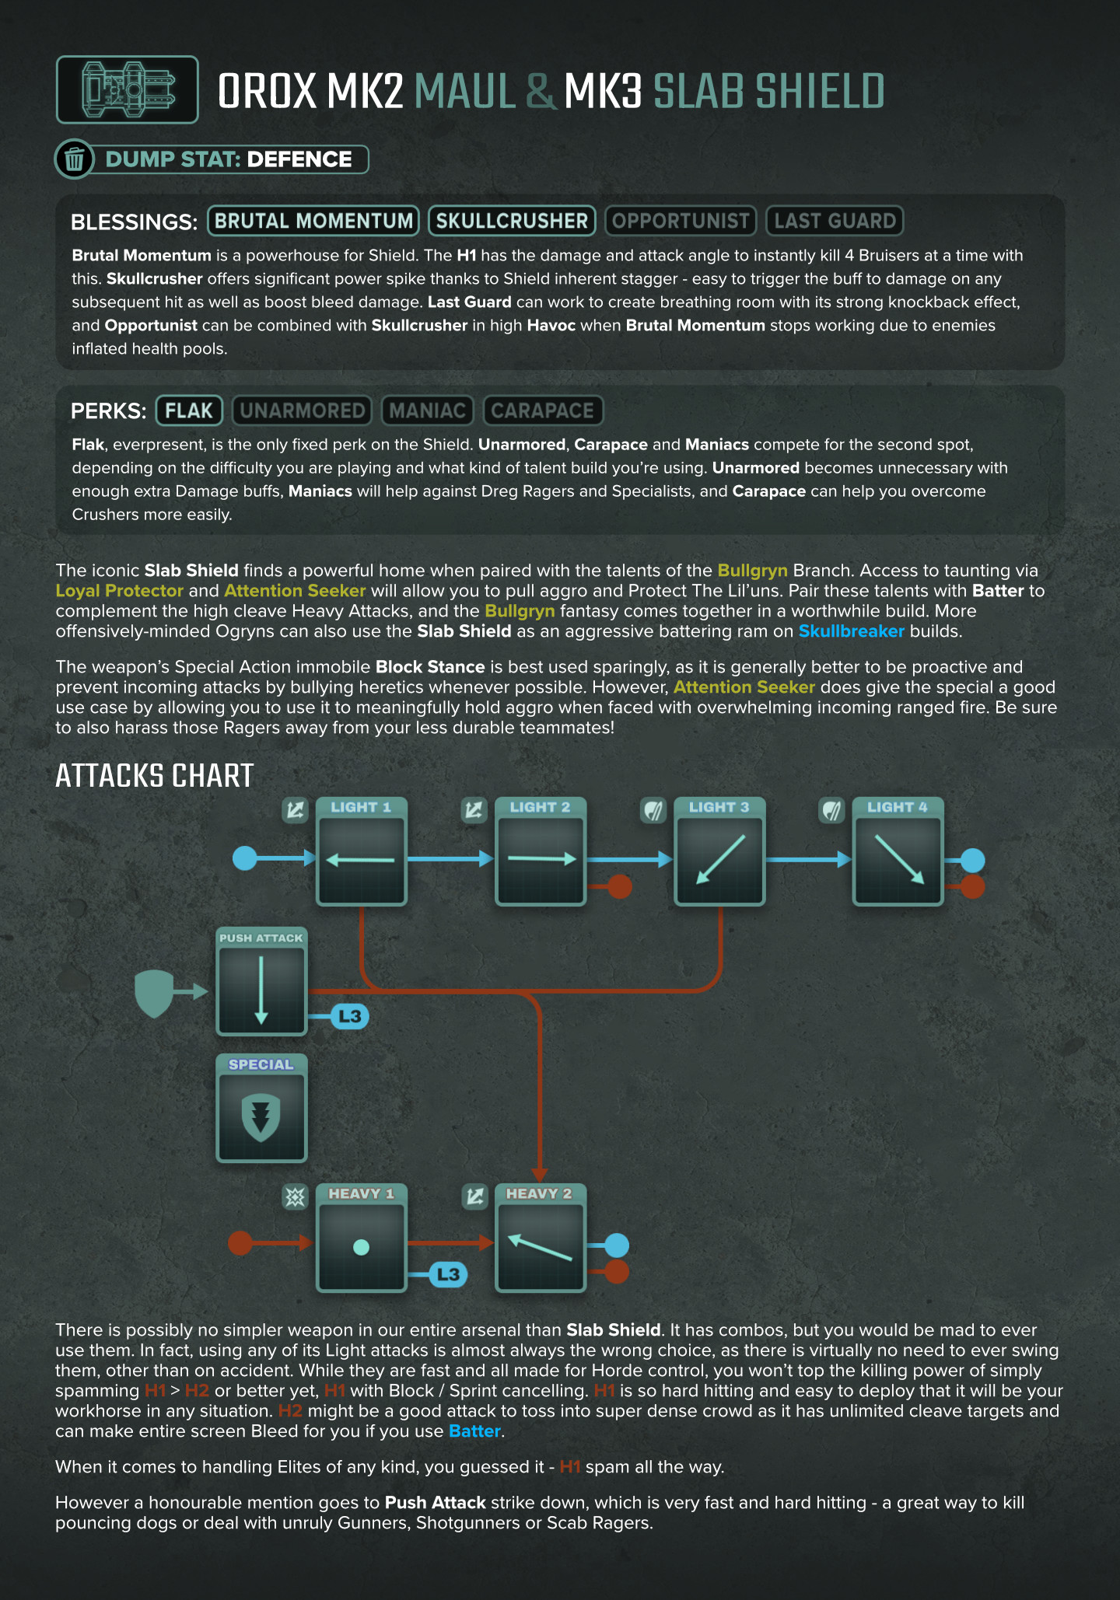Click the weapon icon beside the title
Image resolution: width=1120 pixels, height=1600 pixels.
128,89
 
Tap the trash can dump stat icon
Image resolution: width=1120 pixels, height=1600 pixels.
75,159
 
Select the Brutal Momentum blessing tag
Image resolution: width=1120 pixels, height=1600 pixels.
313,221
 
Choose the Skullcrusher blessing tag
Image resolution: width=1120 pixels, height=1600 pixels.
512,221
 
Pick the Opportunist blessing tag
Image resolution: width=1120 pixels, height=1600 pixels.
681,221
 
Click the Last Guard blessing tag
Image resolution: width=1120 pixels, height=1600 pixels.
835,221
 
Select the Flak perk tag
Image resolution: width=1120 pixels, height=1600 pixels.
189,410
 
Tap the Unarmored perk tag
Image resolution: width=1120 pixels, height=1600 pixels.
302,410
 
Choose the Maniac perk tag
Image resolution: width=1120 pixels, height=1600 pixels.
427,410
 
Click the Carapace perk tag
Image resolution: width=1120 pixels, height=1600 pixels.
543,410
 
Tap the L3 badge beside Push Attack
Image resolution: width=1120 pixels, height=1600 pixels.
350,1016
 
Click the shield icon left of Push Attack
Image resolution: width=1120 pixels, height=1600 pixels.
154,992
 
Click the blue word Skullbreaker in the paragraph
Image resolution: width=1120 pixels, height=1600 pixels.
851,631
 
